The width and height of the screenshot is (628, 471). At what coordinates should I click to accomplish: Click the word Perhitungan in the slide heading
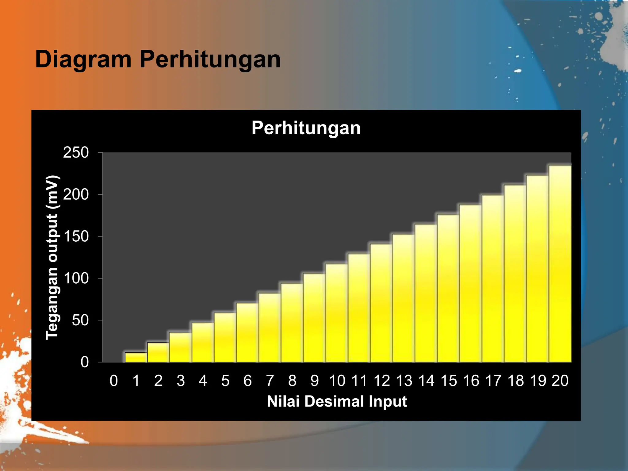pos(210,59)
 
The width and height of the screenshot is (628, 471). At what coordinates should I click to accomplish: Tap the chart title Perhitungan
pos(306,128)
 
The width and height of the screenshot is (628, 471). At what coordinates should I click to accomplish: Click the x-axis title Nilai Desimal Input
pos(337,401)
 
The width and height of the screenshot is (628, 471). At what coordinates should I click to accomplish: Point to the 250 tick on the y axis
pos(76,152)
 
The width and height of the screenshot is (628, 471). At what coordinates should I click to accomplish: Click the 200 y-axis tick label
pos(76,194)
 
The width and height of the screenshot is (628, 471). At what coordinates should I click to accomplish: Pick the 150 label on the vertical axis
pos(76,236)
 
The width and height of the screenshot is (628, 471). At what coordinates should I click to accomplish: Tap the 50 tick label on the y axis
pos(80,320)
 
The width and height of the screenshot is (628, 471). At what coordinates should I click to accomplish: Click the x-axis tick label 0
pos(114,381)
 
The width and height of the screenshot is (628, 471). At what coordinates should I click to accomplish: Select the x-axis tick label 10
pos(337,381)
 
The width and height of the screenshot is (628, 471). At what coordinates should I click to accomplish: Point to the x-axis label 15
pos(449,381)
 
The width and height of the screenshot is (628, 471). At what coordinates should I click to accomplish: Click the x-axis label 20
pos(560,381)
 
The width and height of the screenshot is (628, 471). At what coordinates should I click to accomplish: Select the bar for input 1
pos(136,358)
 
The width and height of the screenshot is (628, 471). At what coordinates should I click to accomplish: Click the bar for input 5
pos(225,337)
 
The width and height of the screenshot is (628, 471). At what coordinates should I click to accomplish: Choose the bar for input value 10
pos(337,313)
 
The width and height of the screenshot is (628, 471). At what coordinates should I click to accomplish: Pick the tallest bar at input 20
pos(560,264)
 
